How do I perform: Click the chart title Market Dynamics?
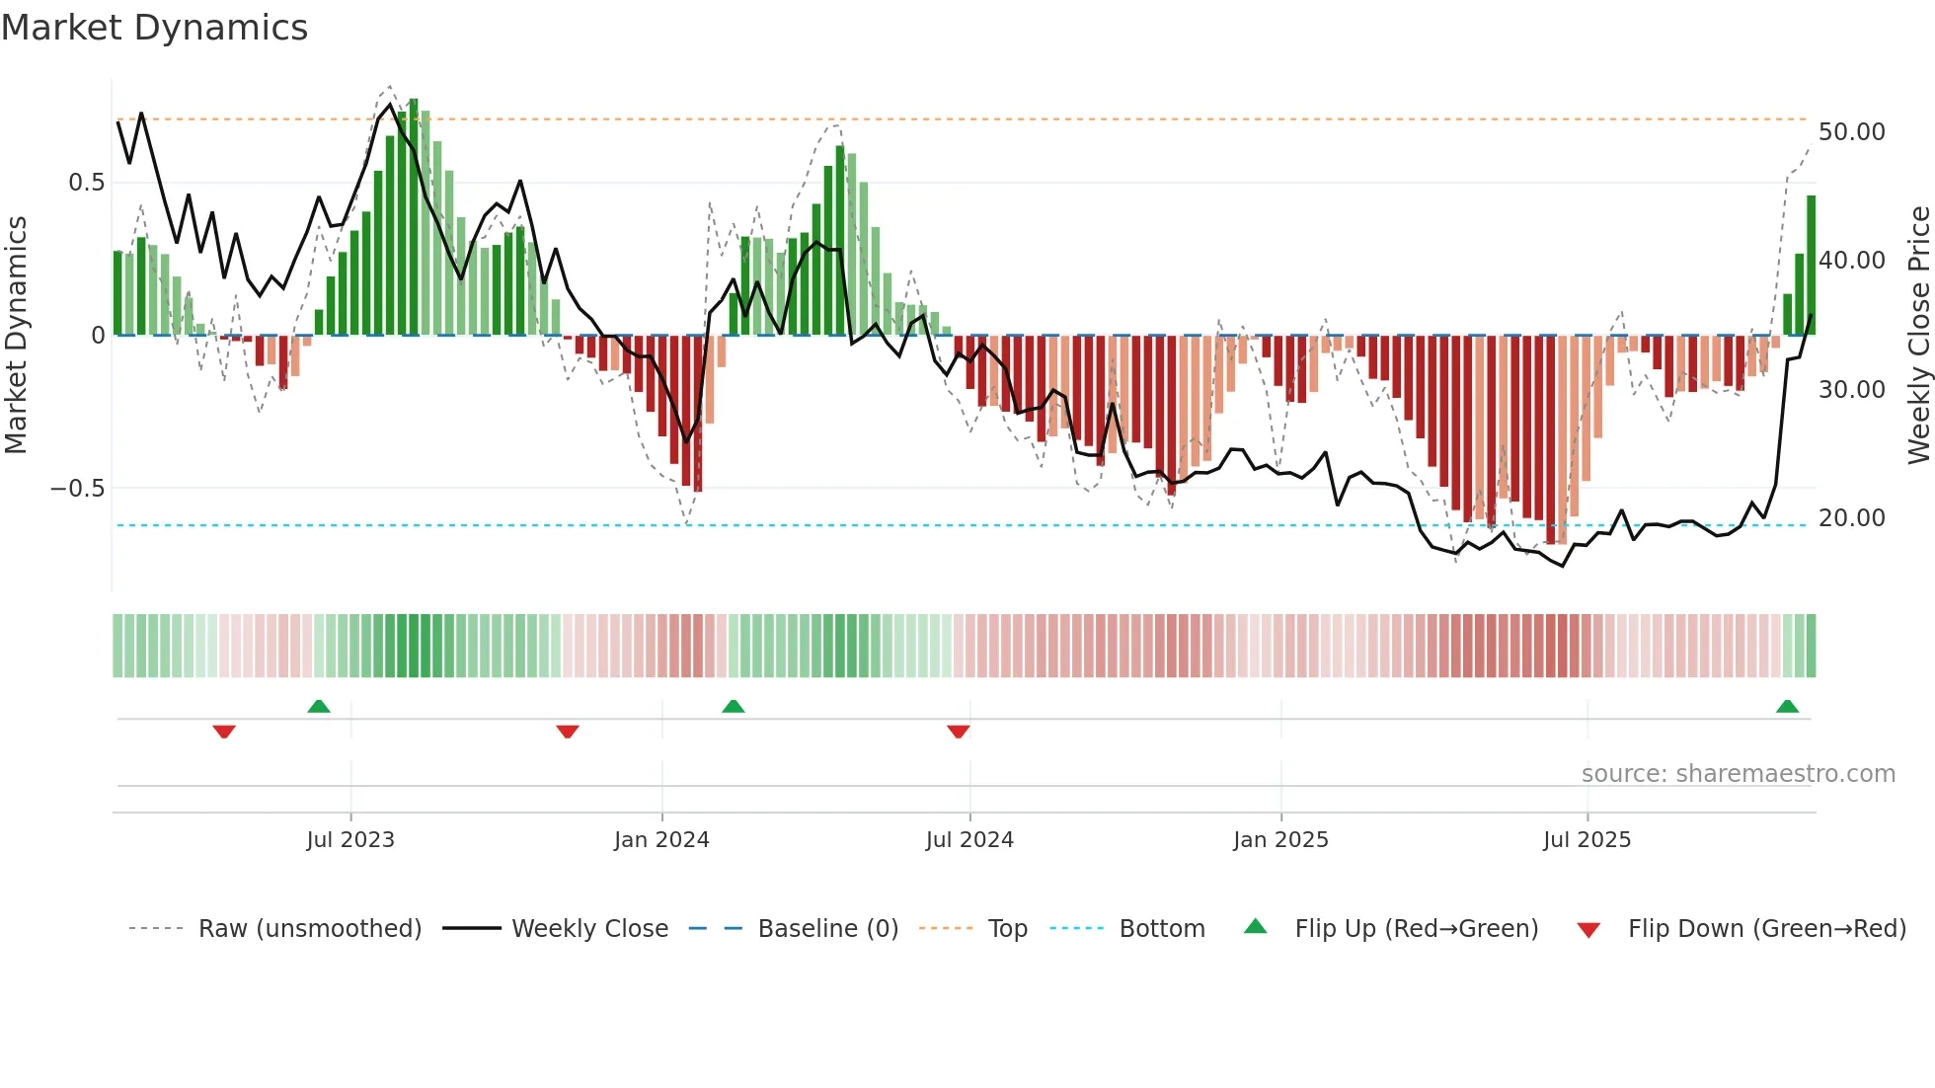[x=154, y=28]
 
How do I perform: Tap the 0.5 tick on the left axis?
[x=86, y=183]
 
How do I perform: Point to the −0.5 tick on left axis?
[x=77, y=489]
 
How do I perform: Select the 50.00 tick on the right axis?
[x=1851, y=132]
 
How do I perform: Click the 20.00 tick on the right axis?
[x=1851, y=518]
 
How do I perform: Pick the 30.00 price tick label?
[x=1851, y=390]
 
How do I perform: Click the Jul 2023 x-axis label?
[x=350, y=840]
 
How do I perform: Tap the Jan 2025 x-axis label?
[x=1280, y=840]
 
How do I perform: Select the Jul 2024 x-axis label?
[x=969, y=840]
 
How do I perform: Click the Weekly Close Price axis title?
[x=1918, y=336]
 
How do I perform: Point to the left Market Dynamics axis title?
[x=16, y=336]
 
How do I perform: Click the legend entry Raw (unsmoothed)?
[x=309, y=929]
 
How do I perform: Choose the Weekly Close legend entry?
[x=589, y=929]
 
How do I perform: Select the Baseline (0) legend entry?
[x=827, y=929]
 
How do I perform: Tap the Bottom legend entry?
[x=1161, y=929]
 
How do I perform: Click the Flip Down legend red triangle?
[x=1588, y=930]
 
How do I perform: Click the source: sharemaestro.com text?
[x=1738, y=774]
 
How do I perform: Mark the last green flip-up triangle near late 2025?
[x=1787, y=707]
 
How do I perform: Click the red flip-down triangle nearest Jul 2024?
[x=958, y=732]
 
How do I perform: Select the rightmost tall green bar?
[x=1811, y=265]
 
